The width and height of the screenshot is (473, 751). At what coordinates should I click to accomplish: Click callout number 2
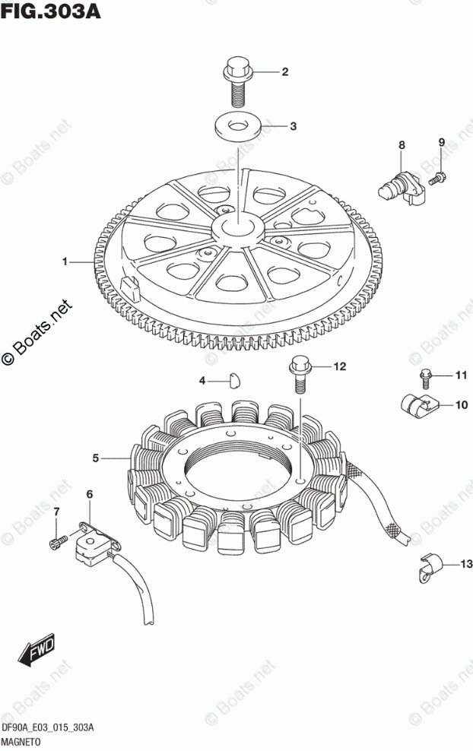285,73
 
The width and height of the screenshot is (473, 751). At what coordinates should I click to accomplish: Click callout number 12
339,366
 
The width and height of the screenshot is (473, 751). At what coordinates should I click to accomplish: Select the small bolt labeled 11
425,375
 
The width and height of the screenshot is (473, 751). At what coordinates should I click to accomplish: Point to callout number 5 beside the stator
96,458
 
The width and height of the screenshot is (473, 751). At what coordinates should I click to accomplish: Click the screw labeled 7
55,542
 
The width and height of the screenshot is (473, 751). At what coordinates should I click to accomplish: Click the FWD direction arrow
36,648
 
